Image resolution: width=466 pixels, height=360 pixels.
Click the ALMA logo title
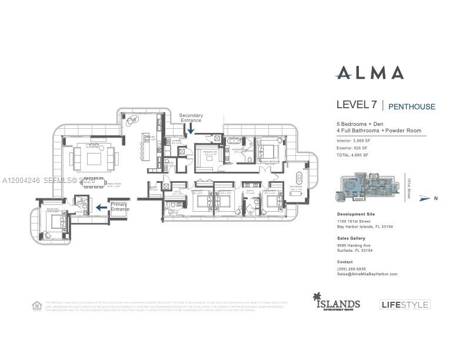click(x=370, y=73)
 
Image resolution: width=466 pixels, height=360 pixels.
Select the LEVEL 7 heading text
click(x=357, y=105)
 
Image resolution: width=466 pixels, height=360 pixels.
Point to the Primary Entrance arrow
click(x=101, y=207)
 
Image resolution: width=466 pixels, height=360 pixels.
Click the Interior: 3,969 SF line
click(x=354, y=141)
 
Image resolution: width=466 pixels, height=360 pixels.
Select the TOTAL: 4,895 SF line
click(x=352, y=155)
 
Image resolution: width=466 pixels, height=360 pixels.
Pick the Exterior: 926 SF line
click(x=353, y=148)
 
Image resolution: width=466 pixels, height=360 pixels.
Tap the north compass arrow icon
click(x=425, y=199)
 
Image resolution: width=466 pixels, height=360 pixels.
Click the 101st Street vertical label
click(x=407, y=188)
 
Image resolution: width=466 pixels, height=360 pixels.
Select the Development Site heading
click(x=355, y=214)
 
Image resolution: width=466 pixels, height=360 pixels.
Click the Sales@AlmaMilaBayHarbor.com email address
click(x=367, y=274)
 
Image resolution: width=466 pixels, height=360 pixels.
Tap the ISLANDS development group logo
click(x=337, y=302)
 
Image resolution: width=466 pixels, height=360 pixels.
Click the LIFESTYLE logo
click(x=405, y=304)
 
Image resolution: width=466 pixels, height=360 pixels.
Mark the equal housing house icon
click(x=37, y=305)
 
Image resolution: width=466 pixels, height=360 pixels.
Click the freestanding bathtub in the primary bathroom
click(x=234, y=141)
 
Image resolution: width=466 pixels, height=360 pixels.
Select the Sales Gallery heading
click(x=351, y=238)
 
